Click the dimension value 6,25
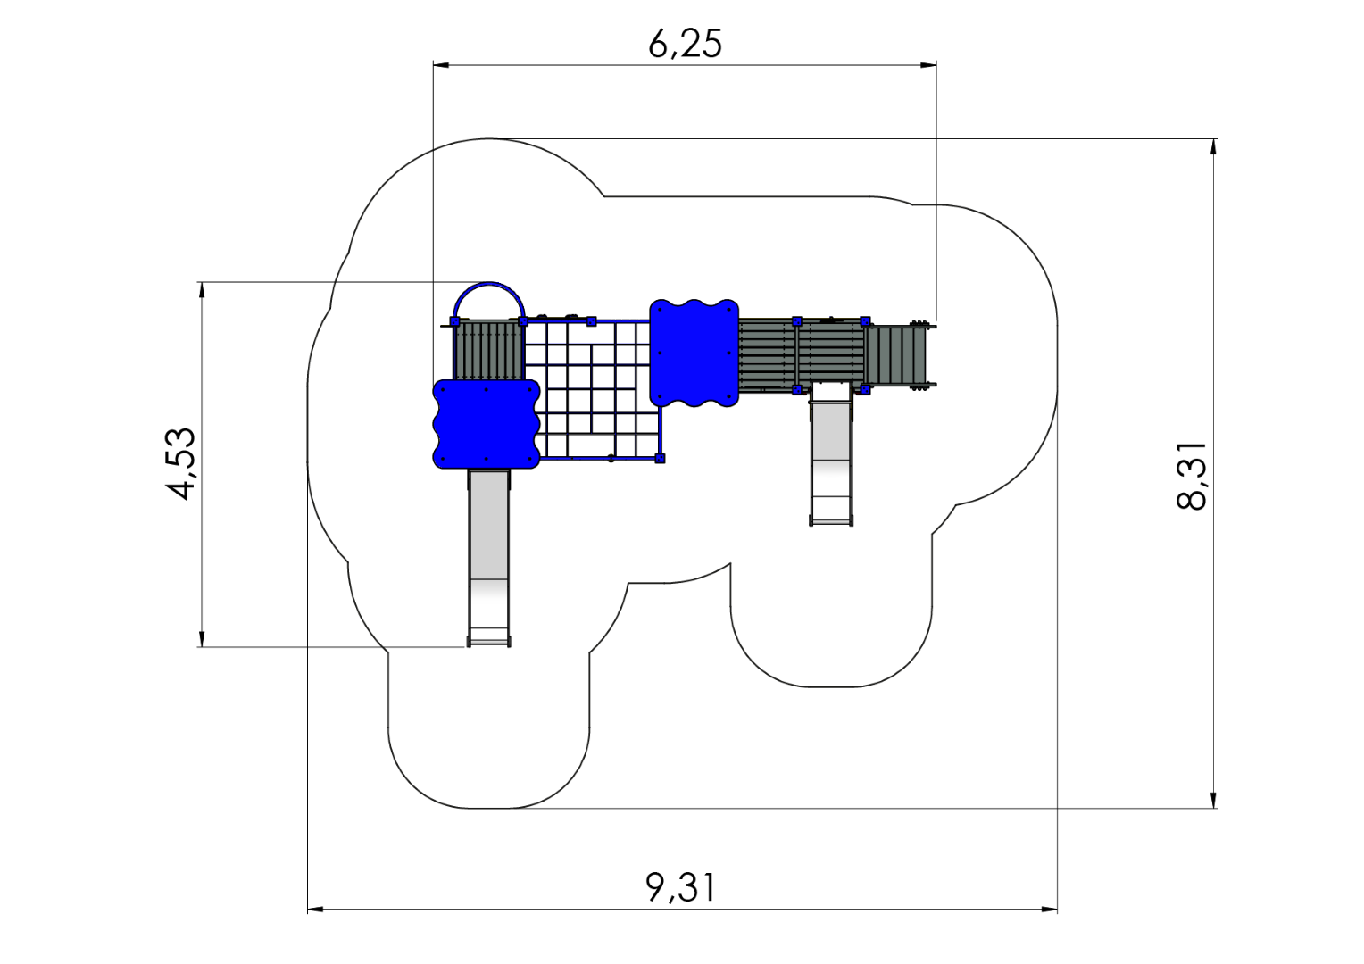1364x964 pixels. (x=685, y=45)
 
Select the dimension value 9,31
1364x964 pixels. (x=681, y=887)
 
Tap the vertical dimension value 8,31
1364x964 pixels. (x=1191, y=476)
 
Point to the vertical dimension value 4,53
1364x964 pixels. (x=181, y=464)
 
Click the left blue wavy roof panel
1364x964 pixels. (x=486, y=424)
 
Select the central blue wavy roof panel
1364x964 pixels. (x=694, y=353)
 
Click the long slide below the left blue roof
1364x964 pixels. (x=488, y=558)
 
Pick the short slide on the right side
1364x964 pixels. (x=830, y=453)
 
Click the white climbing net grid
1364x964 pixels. (x=593, y=389)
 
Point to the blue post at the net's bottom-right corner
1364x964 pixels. (x=660, y=458)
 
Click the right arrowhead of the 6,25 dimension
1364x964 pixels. (x=928, y=64)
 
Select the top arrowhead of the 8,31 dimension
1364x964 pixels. (x=1213, y=147)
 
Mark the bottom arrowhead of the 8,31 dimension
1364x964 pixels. (x=1213, y=800)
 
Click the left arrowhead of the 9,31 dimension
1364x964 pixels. (x=315, y=910)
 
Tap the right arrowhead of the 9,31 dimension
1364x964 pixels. (x=1049, y=910)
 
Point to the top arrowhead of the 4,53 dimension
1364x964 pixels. (x=202, y=290)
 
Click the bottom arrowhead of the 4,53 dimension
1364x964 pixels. (x=202, y=638)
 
